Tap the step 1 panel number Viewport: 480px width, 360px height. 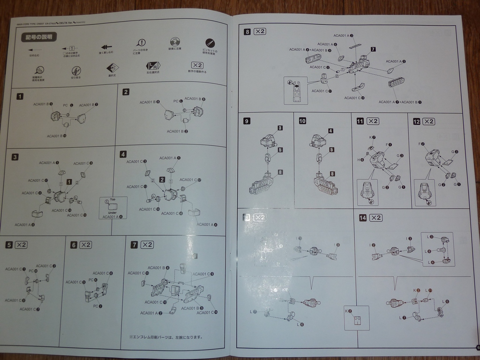click(20, 97)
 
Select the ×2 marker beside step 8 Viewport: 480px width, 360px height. click(260, 32)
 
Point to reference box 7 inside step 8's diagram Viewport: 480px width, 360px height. click(373, 49)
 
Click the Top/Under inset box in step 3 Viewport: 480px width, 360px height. click(112, 208)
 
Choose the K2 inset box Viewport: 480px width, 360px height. click(356, 318)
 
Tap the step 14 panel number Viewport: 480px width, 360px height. click(362, 217)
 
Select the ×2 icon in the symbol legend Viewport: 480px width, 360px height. click(197, 66)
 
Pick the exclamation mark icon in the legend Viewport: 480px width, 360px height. click(141, 43)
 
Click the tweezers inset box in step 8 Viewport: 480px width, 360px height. click(295, 90)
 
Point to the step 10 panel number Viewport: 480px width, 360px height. click(302, 121)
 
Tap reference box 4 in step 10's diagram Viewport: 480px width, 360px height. click(331, 131)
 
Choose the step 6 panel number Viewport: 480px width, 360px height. click(74, 245)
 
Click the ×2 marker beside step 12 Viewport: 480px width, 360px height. click(428, 121)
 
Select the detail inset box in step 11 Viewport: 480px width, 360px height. click(367, 192)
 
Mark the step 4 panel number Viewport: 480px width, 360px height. click(123, 154)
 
